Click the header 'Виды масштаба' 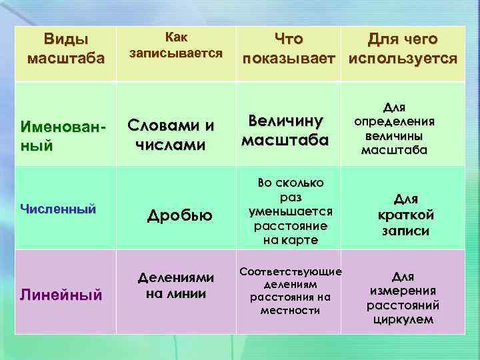point(65,48)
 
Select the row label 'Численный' point(58,209)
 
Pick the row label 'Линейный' point(61,293)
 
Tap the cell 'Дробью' point(179,215)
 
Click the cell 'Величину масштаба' point(285,130)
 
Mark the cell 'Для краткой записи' point(405,215)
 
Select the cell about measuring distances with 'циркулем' point(402,297)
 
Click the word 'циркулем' point(402,319)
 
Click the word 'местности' point(290,311)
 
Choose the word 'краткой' point(405,215)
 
